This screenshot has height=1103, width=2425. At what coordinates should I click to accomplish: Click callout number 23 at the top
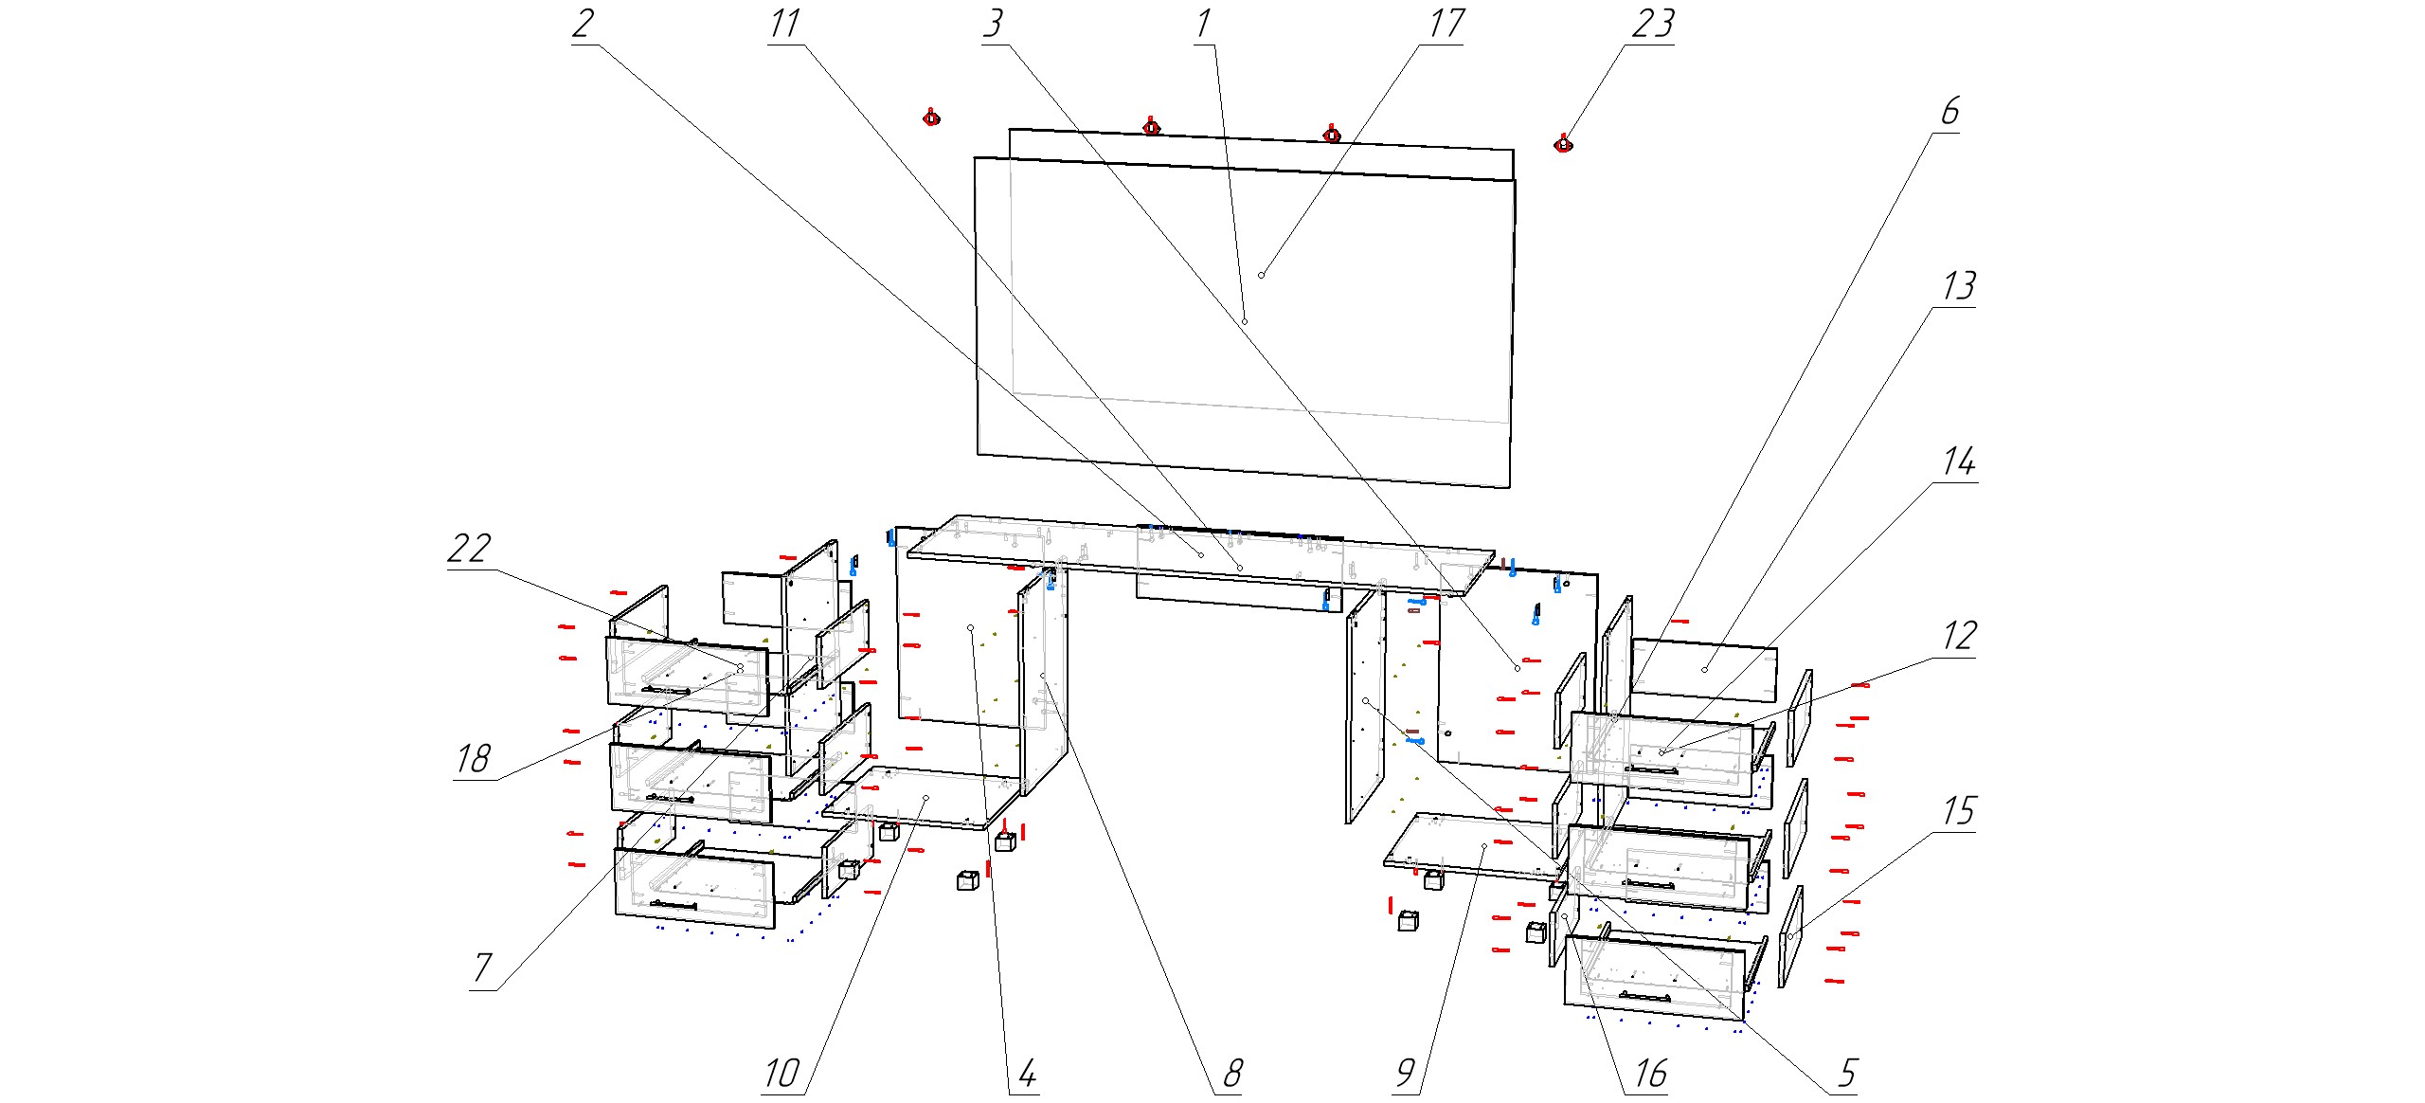[x=1652, y=23]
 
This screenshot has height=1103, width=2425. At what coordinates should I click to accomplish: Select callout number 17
[x=1446, y=23]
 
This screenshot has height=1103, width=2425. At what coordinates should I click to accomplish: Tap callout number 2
[x=584, y=23]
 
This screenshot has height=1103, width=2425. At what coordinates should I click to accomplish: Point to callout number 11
[x=784, y=23]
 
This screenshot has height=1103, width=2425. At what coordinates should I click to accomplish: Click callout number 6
[x=1949, y=111]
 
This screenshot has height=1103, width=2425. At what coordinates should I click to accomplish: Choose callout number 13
[x=1959, y=285]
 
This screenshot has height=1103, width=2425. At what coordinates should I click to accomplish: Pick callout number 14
[x=1959, y=461]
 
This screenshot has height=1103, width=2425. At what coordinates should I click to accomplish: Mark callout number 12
[x=1960, y=635]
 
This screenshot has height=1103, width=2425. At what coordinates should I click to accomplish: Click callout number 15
[x=1959, y=811]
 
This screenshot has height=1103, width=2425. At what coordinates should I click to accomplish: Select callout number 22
[x=470, y=548]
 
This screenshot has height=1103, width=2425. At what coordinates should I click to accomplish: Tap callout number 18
[x=474, y=758]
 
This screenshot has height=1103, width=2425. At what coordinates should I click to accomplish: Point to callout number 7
[x=483, y=967]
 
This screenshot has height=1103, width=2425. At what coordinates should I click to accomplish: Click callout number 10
[x=781, y=1074]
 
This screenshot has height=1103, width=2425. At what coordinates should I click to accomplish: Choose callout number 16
[x=1650, y=1074]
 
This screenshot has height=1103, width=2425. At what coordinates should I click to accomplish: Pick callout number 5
[x=1847, y=1074]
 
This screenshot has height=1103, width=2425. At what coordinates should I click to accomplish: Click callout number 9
[x=1406, y=1074]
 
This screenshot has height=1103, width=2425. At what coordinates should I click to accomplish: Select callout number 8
[x=1232, y=1074]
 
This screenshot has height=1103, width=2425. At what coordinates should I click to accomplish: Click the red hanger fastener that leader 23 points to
[x=1563, y=143]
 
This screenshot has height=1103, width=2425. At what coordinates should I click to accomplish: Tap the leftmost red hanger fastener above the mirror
[x=931, y=117]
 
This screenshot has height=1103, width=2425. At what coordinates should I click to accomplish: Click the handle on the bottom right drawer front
[x=1644, y=996]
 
